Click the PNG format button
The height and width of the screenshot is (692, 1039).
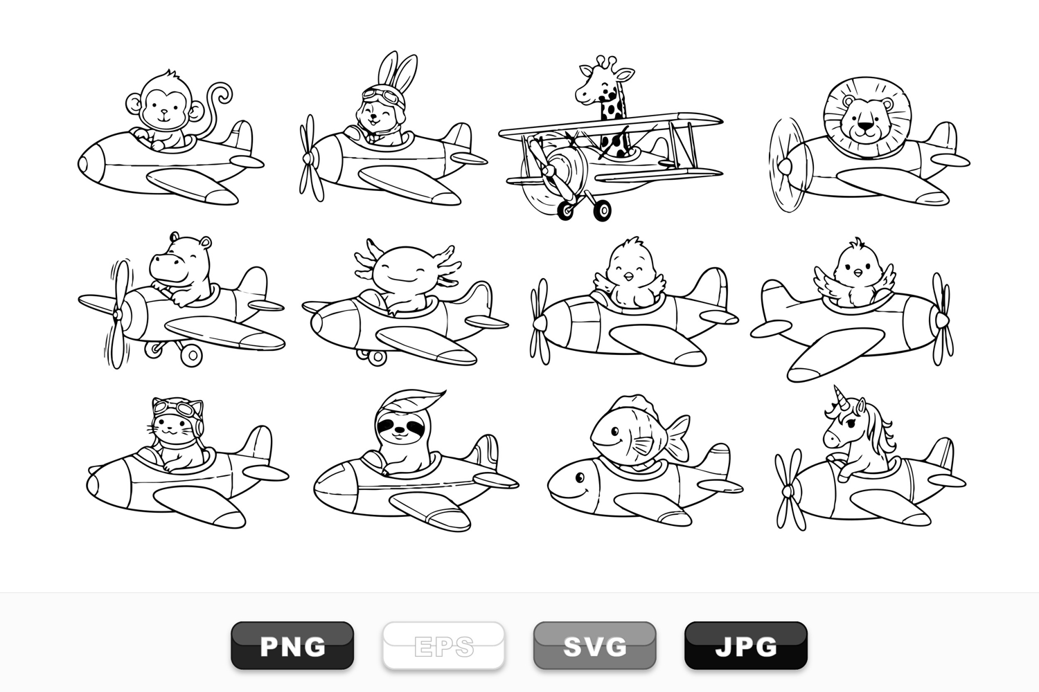(x=292, y=645)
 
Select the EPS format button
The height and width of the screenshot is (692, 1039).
(x=443, y=645)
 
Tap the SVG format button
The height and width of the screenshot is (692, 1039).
(x=594, y=645)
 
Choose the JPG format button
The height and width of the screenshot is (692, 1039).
(x=746, y=645)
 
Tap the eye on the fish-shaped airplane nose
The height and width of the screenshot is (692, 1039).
(x=580, y=477)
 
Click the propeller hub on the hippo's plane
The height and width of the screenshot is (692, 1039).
(x=118, y=315)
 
